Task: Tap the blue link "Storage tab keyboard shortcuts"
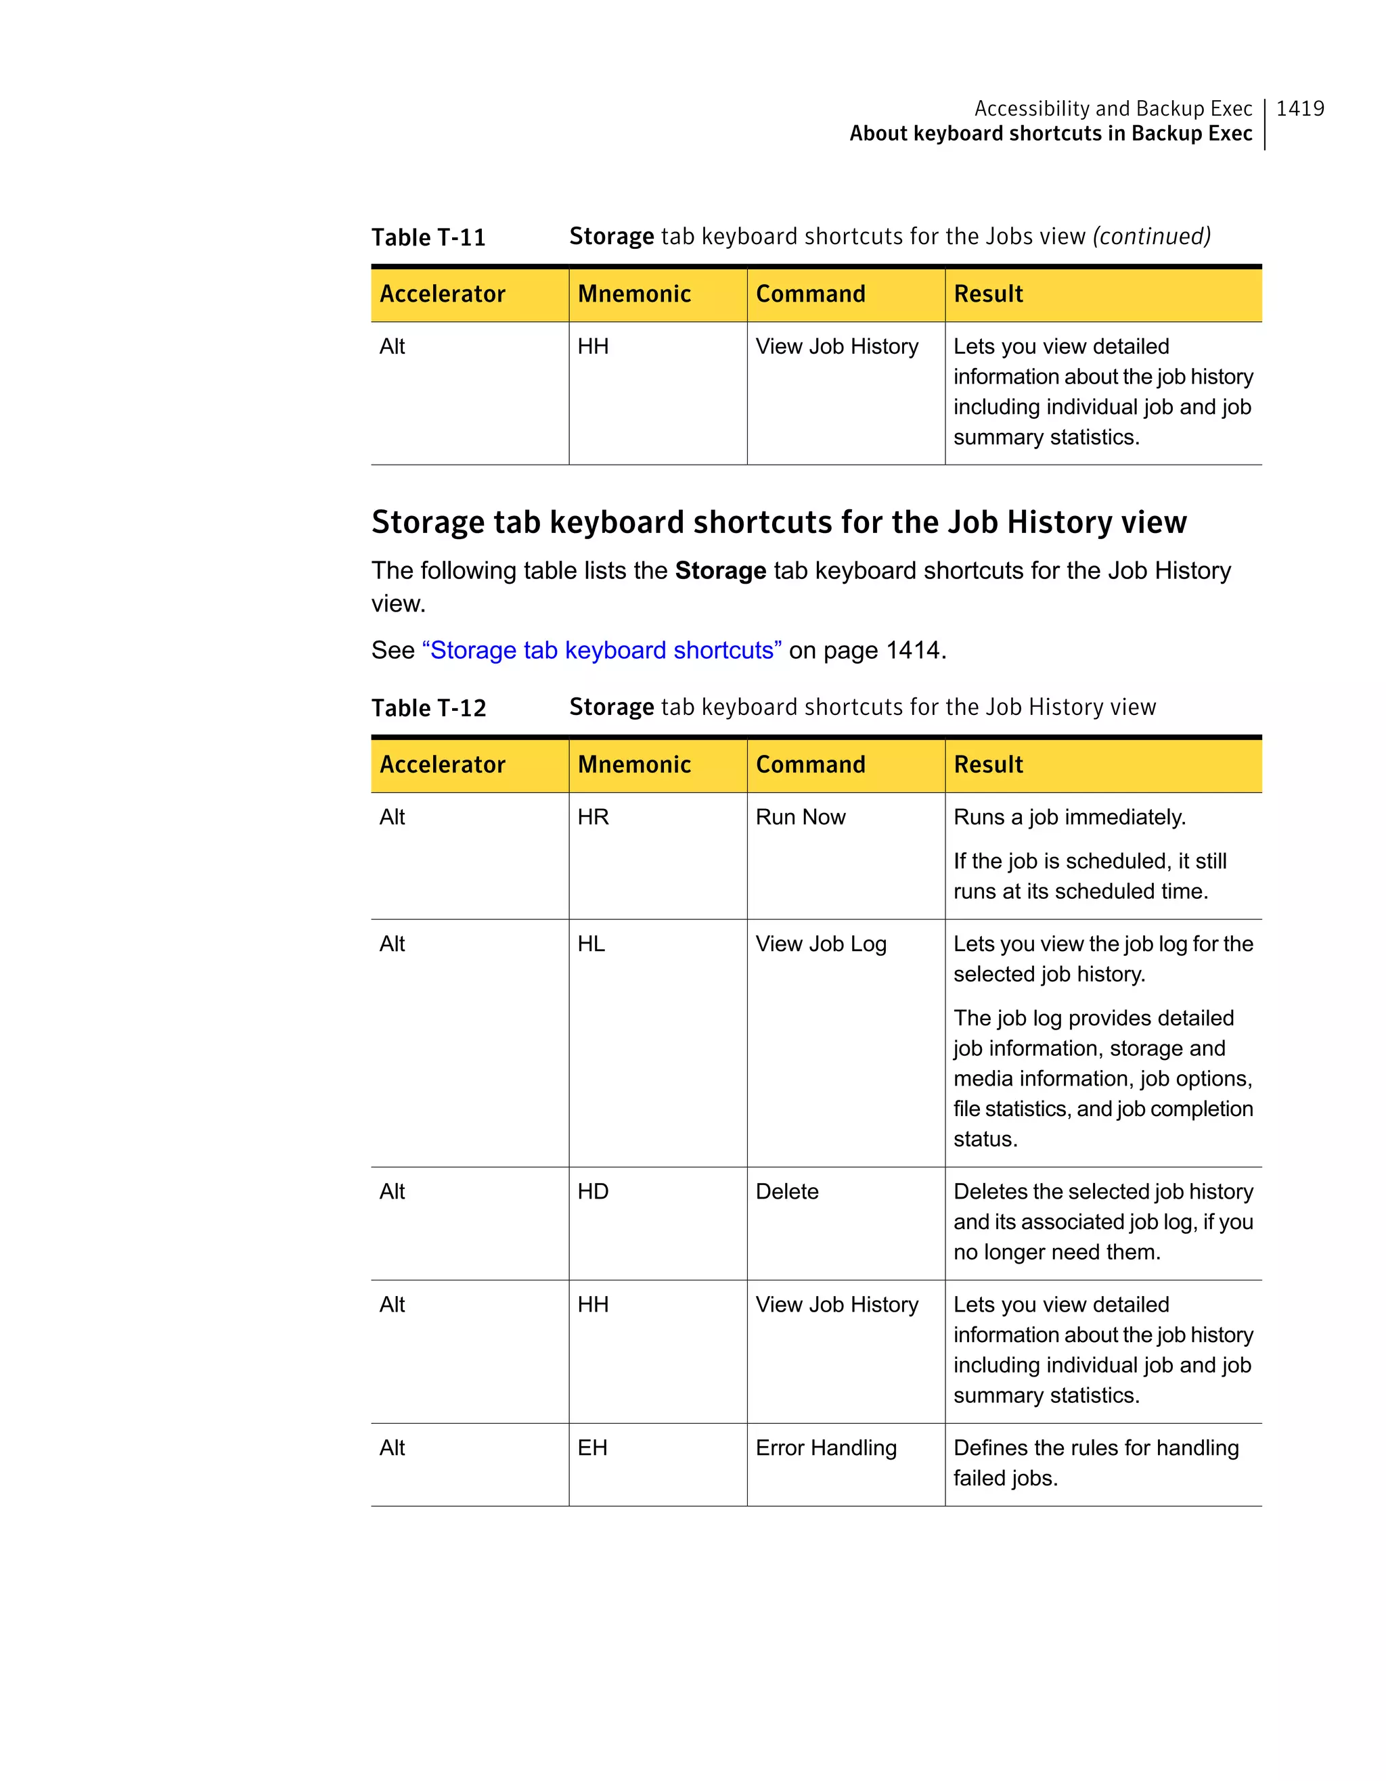tap(601, 650)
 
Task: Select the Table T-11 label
tap(428, 237)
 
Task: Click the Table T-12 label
tap(428, 708)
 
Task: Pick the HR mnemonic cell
tap(593, 817)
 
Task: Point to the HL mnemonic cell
tap(591, 944)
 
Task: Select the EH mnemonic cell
tap(592, 1448)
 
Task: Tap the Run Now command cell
tap(801, 817)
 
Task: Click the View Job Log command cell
tap(821, 944)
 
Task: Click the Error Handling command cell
tap(826, 1448)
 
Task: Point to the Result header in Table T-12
tap(988, 765)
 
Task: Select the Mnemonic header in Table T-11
tap(634, 294)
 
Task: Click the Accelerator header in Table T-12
tap(442, 765)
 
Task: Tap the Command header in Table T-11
tap(810, 294)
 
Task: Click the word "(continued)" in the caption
tap(1151, 237)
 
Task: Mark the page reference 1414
tap(913, 650)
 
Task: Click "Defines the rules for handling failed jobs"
tap(1095, 1463)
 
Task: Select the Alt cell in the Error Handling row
tap(393, 1448)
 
